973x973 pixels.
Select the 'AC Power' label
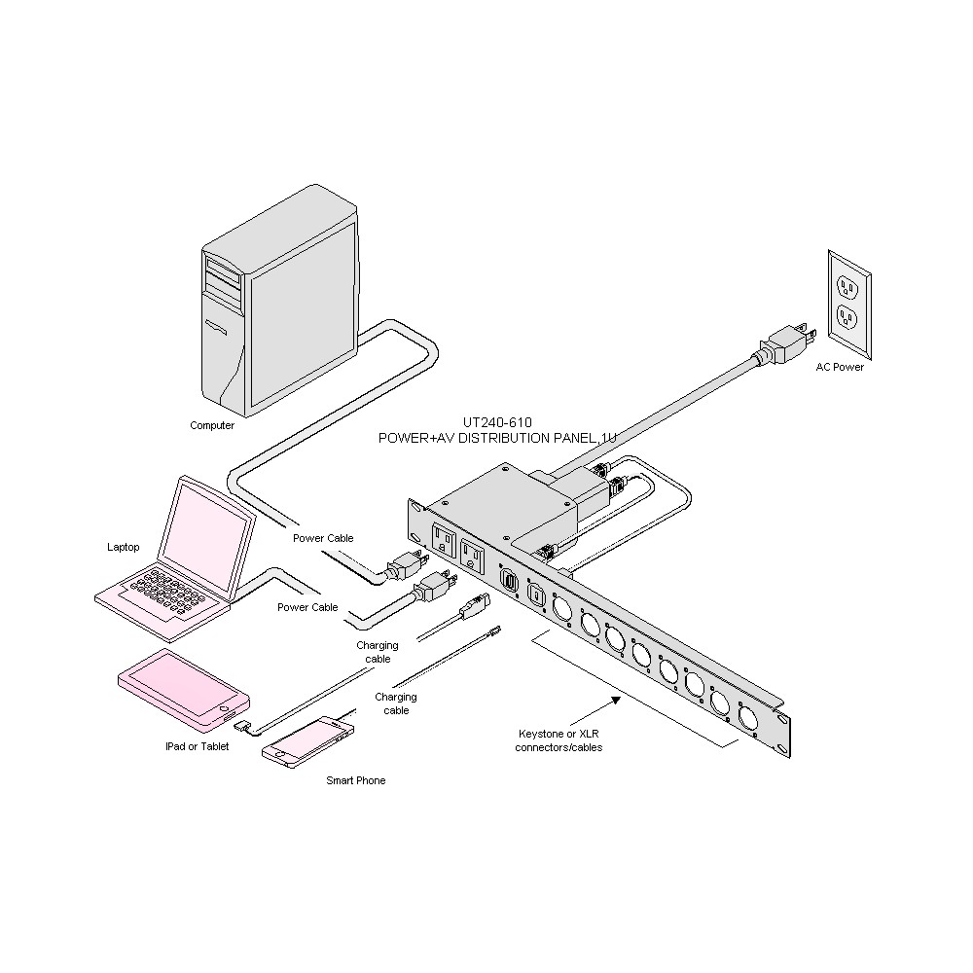[x=840, y=367]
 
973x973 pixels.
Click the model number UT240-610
[x=497, y=423]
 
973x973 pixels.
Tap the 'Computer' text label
[x=212, y=425]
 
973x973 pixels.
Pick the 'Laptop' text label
[x=123, y=547]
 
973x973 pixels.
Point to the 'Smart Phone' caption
[x=355, y=780]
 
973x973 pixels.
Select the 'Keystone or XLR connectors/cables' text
[x=559, y=740]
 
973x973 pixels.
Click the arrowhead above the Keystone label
[x=615, y=699]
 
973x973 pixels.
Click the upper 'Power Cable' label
[x=323, y=538]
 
